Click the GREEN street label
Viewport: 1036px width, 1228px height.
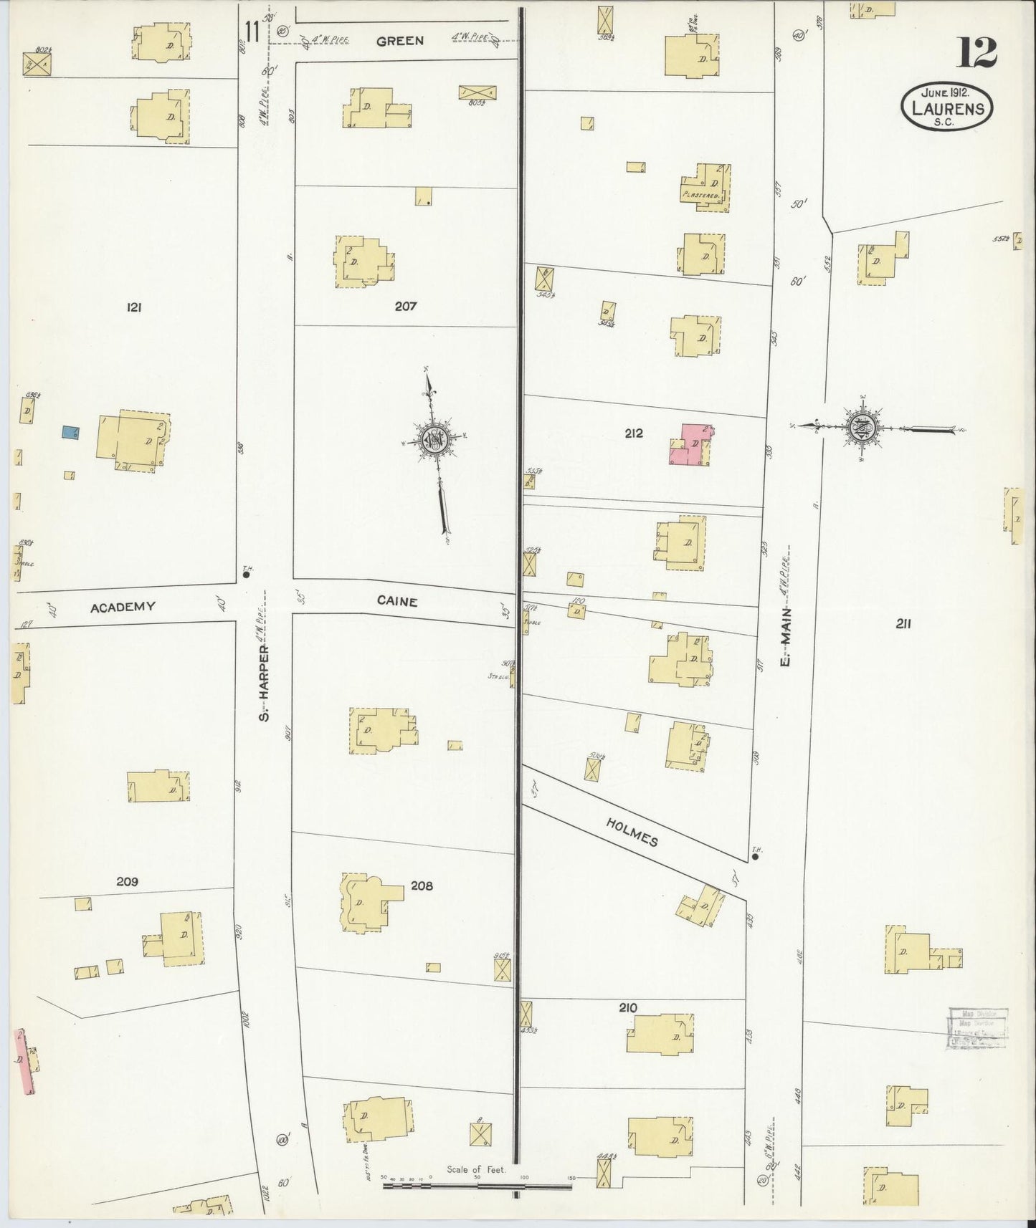[399, 41]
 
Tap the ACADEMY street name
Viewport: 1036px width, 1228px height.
[123, 607]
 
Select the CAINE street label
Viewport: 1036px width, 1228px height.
[396, 602]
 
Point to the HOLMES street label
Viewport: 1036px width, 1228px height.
[632, 831]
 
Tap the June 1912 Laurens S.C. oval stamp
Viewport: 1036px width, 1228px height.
[947, 105]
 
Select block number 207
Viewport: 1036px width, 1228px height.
[405, 306]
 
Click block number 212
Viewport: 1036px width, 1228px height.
[633, 433]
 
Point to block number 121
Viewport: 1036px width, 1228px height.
[133, 307]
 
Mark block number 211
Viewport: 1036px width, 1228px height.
[903, 623]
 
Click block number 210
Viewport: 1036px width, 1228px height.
[627, 1007]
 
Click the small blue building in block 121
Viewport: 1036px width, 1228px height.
[70, 432]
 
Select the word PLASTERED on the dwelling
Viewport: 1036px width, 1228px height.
[701, 194]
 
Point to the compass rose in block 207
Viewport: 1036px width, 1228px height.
[437, 439]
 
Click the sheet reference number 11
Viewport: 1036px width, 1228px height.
[251, 32]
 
